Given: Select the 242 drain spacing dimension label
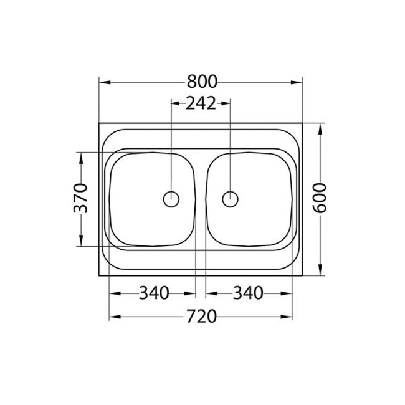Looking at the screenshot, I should [201, 103].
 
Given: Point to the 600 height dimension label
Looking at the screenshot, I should [320, 198].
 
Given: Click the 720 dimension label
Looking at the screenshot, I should [201, 317].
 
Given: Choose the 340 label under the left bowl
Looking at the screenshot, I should [153, 292].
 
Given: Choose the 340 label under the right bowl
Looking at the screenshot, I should [248, 292].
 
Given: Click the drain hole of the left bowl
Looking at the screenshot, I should [171, 199].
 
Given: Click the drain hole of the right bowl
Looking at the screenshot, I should [231, 199].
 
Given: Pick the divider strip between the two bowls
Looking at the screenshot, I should [201, 199].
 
